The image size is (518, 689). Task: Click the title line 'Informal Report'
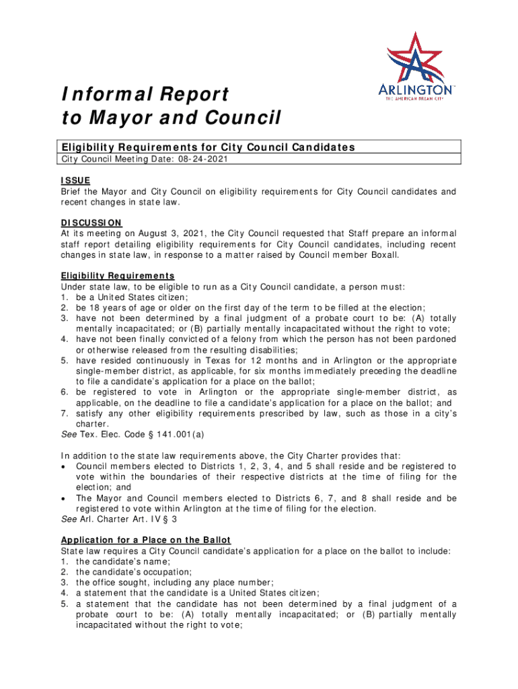(145, 94)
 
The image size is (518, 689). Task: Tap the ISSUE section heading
(75, 180)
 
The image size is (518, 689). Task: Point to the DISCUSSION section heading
(91, 223)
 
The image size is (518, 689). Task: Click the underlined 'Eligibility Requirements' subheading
(118, 276)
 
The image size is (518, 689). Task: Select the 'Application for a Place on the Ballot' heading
(146, 540)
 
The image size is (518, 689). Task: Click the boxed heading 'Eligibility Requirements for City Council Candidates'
(208, 147)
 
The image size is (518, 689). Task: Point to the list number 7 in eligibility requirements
(64, 413)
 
